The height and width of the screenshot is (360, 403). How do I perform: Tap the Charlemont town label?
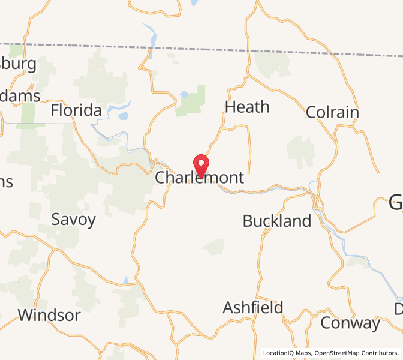tap(200, 178)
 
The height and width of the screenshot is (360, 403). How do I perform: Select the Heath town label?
tap(247, 107)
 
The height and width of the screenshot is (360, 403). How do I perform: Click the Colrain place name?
tap(332, 112)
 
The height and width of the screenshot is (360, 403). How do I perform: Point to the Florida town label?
tap(76, 110)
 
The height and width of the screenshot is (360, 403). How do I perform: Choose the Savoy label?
tap(73, 219)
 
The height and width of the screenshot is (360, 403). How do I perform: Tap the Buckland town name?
tap(277, 221)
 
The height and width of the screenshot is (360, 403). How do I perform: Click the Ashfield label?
tap(253, 308)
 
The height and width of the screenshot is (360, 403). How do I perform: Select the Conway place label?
tap(350, 323)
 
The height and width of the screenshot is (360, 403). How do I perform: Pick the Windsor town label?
tap(49, 315)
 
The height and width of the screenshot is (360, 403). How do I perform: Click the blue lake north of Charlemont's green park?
tap(184, 94)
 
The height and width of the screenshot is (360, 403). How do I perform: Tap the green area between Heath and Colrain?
tap(300, 150)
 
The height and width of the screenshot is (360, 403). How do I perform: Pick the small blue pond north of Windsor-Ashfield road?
tap(125, 280)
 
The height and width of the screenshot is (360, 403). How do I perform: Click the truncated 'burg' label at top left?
tap(18, 64)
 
